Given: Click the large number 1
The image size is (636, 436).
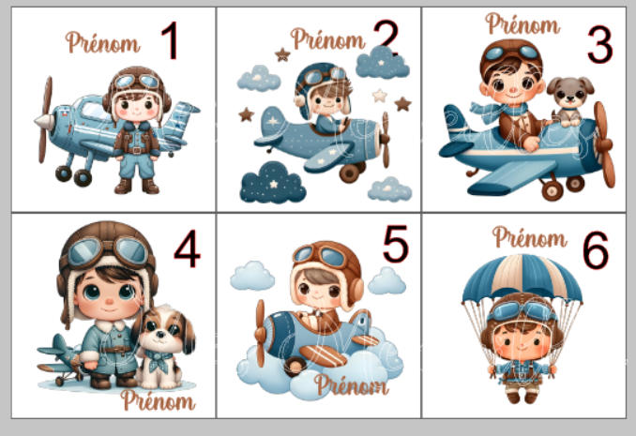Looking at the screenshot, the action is (171, 40).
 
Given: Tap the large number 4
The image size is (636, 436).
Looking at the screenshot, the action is (187, 248).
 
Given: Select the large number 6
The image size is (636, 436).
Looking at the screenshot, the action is (596, 250).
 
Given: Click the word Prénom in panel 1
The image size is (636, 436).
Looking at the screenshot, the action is (102, 43).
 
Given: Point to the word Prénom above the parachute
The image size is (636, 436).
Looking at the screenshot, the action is (530, 237).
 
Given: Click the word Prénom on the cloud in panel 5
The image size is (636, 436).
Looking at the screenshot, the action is (351, 384).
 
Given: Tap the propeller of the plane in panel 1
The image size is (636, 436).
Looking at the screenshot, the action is (45, 120).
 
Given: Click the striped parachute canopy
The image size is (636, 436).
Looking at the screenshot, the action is (522, 278).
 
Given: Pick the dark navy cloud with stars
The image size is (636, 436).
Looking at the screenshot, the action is (273, 183).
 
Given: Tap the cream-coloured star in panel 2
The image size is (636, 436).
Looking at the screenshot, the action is (380, 96).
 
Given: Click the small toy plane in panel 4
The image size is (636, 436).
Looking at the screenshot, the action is (60, 359).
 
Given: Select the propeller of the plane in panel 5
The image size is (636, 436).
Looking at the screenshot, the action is (260, 334).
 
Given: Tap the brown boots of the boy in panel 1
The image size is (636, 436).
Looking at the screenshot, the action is (137, 186).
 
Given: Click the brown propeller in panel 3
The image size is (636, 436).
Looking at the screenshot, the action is (604, 144).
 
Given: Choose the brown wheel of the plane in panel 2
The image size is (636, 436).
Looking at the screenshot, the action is (350, 173).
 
